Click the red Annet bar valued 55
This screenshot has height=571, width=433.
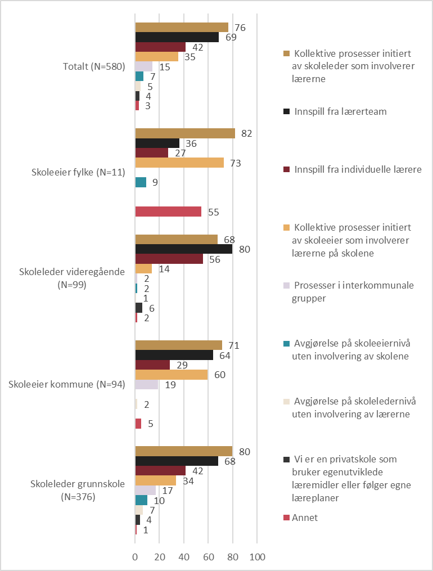pos(168,212)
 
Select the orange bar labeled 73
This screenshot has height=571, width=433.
pos(179,163)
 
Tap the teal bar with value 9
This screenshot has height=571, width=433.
pos(141,182)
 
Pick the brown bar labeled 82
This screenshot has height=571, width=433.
pos(185,133)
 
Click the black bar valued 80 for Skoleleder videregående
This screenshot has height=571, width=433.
pos(184,249)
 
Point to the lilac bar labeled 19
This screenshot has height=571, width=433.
pos(147,385)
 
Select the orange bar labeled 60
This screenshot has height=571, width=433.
pos(172,375)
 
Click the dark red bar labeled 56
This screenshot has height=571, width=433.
pos(169,259)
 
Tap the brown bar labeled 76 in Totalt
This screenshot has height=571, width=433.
pos(182,28)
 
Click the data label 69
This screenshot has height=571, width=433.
pos(231,37)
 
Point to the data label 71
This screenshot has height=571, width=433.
pos(234,345)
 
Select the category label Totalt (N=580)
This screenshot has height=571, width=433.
pos(94,66)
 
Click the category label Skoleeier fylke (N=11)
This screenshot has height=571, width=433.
pos(78,172)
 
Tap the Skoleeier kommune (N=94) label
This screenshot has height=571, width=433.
pos(67,384)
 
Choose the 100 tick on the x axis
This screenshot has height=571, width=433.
pos(257,557)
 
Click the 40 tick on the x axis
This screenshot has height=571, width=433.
pos(184,557)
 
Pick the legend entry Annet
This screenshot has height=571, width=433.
pos(300,518)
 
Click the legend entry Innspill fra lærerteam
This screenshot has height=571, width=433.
pos(335,111)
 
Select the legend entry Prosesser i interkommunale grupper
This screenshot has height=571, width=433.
pos(349,292)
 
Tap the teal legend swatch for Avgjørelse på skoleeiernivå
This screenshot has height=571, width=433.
pos(286,343)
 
